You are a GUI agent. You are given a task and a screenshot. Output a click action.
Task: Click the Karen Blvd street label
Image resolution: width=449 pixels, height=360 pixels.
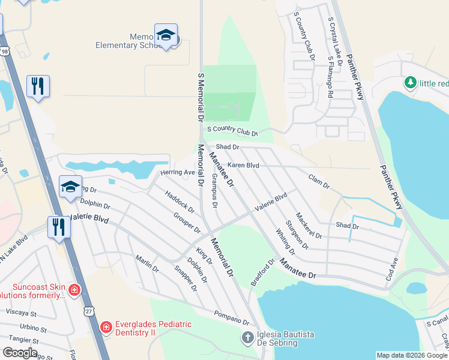(x=243, y=165)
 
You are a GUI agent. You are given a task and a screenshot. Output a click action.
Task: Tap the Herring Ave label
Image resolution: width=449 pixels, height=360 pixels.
(x=178, y=173)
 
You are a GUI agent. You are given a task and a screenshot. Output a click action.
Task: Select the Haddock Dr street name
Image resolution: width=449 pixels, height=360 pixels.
(x=179, y=201)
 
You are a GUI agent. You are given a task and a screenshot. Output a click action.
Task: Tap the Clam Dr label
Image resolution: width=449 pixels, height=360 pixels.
(x=319, y=182)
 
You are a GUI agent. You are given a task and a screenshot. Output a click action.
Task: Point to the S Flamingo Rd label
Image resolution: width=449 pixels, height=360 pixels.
(x=330, y=77)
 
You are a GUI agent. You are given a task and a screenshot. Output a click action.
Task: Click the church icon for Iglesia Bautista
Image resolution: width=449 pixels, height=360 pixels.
(x=247, y=337)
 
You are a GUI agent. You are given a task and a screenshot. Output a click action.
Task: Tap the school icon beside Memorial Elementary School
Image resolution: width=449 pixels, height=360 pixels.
(x=166, y=36)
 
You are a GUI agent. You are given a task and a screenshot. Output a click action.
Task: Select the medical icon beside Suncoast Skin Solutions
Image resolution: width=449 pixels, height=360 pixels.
(x=74, y=290)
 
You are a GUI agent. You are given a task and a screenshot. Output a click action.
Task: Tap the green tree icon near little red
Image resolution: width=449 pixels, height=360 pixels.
(x=411, y=82)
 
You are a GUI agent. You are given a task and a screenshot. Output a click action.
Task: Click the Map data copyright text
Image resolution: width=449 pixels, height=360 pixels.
(x=412, y=355)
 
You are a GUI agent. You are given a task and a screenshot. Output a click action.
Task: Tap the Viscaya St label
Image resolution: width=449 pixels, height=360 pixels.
(x=21, y=313)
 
